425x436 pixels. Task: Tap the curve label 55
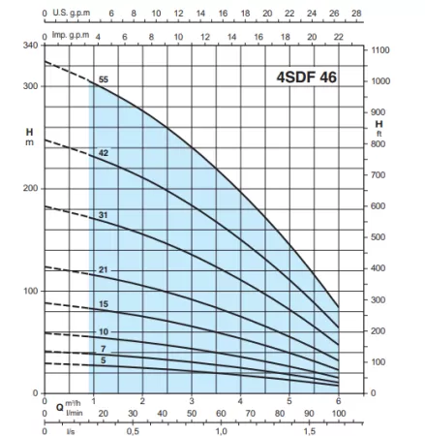point(103,78)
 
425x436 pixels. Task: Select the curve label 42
point(103,154)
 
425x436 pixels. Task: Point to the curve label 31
point(103,214)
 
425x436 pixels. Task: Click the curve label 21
point(103,268)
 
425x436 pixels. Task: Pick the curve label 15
point(103,305)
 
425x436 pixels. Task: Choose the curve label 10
point(103,331)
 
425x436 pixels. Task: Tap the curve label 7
point(103,348)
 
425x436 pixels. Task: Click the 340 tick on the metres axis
point(29,46)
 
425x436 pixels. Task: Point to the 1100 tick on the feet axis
point(380,49)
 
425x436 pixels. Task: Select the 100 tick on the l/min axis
point(338,414)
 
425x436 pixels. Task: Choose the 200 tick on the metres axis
point(29,188)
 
